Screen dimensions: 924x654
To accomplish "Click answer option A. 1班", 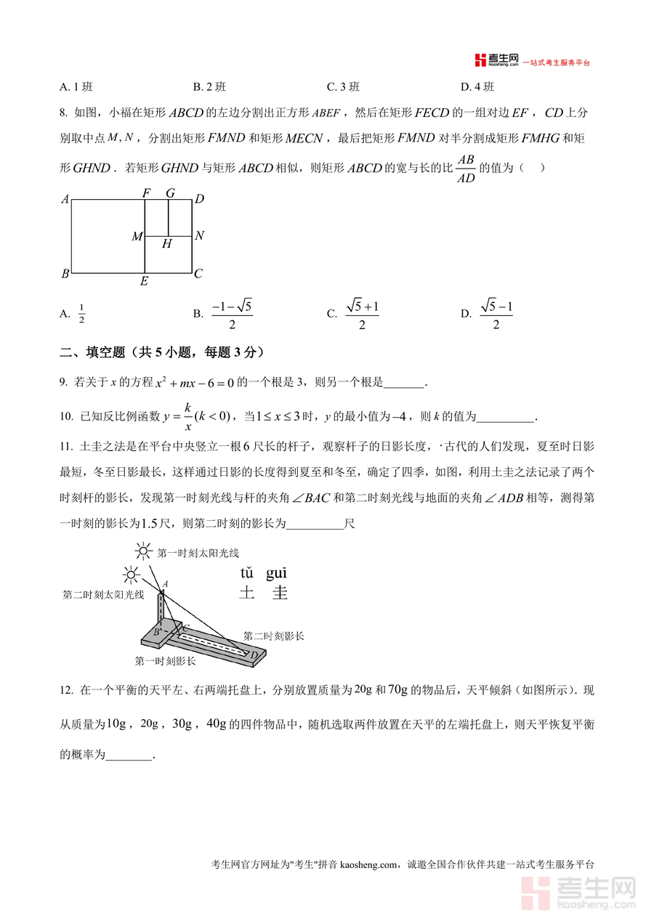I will pos(76,87).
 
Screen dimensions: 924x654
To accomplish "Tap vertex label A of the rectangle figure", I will pos(65,199).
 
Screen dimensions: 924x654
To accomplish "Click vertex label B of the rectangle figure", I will pos(65,274).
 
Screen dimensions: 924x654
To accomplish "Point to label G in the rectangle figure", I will pos(170,193).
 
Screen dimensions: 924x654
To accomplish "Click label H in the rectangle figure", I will pos(166,244).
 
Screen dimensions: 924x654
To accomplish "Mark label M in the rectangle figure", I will pos(137,237).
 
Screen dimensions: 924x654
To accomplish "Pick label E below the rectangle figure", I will pos(144,282).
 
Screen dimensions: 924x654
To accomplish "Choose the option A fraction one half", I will pos(81,314).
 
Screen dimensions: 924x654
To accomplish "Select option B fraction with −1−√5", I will pos(231,315).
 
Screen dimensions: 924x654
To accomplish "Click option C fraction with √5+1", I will pos(362,315).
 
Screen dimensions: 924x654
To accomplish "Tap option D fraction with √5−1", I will pos(496,315).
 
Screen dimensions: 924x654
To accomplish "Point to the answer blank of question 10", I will pos(505,417).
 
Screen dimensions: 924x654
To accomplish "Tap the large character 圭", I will pos(280,593).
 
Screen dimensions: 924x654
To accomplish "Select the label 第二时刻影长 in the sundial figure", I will pos(273,636).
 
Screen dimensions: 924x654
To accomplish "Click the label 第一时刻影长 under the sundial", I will pos(165,661).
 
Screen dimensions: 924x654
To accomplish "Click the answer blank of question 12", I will pos(129,755).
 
